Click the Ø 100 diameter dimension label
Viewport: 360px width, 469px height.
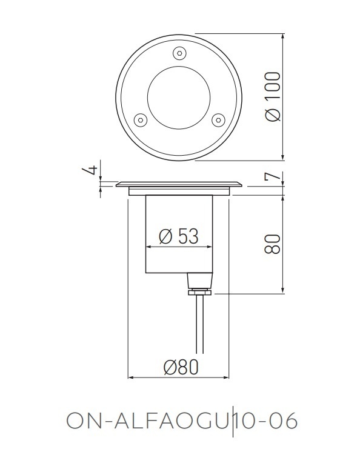coord(273,96)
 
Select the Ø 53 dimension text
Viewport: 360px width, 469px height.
coord(179,236)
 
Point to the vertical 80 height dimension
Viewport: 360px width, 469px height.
coord(273,244)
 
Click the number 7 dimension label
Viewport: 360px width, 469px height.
coord(273,178)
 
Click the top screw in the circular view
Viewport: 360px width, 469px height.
coord(179,53)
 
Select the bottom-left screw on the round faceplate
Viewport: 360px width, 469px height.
coord(140,119)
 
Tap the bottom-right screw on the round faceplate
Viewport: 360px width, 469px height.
coord(218,119)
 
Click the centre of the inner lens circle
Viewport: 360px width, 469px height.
coord(179,96)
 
